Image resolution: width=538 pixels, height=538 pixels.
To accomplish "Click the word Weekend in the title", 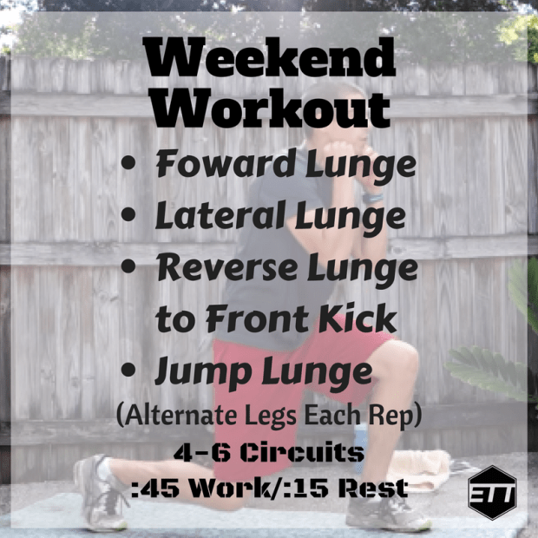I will click(x=268, y=61).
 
